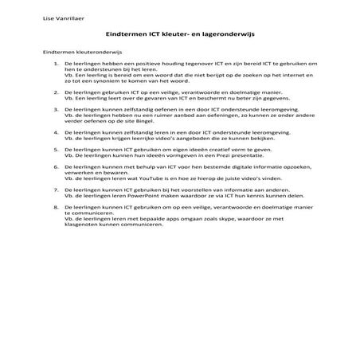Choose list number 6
point(55,168)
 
